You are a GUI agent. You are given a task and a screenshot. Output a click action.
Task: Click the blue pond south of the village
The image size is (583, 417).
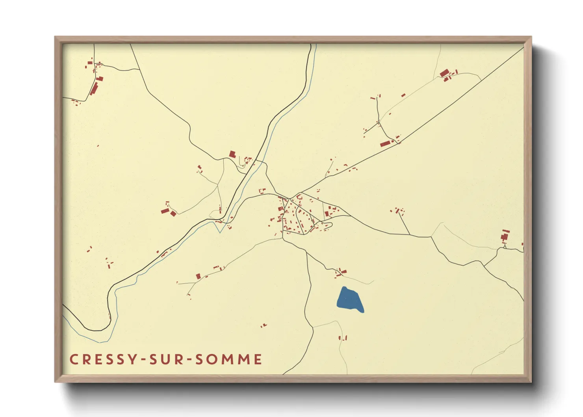tap(349, 300)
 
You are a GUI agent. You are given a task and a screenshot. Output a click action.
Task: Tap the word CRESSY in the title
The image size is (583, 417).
tap(104, 359)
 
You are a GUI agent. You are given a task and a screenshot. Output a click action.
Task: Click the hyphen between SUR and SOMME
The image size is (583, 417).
tap(190, 359)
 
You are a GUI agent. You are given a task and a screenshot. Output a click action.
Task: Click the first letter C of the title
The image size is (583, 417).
tap(74, 359)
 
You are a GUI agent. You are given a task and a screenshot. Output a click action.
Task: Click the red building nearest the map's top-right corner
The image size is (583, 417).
tap(444, 73)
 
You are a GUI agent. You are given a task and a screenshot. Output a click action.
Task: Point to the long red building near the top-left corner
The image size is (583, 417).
tap(94, 88)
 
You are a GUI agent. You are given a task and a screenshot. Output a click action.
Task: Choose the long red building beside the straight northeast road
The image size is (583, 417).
tap(386, 143)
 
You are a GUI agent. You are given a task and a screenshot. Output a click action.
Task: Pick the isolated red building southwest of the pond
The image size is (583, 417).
tap(263, 326)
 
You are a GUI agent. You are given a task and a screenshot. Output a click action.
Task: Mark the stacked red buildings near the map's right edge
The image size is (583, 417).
tap(505, 235)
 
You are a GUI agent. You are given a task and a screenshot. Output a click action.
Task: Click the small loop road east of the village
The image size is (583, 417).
tap(327, 225)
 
